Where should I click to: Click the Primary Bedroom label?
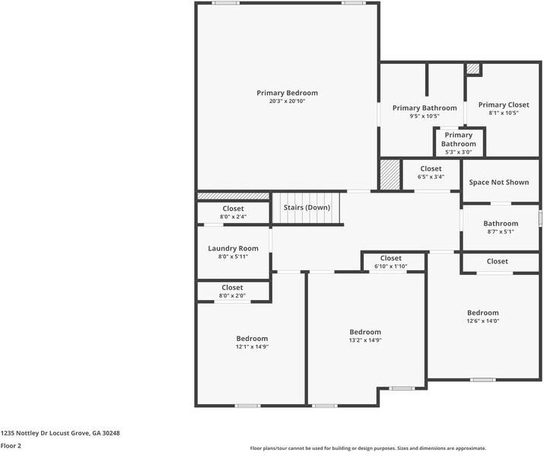click(287, 93)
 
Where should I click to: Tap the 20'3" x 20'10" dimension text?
click(287, 101)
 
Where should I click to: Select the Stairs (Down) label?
click(307, 208)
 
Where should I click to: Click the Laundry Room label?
click(233, 248)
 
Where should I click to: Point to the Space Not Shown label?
click(499, 182)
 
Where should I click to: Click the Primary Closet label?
click(504, 105)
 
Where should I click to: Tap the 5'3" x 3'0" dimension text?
click(459, 152)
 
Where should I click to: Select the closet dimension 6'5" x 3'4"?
click(431, 177)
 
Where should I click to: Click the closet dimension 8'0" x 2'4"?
click(233, 216)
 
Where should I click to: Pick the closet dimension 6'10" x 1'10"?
click(390, 266)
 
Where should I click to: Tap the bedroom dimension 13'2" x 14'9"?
click(365, 340)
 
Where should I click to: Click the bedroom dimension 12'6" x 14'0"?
click(483, 321)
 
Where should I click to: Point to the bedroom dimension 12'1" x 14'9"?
click(253, 346)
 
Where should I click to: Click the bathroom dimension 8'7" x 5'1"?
click(501, 232)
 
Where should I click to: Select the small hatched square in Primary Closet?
click(472, 69)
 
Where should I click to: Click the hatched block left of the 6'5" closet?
click(390, 174)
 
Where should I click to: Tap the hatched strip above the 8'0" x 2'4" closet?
click(233, 196)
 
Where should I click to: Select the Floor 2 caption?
click(11, 445)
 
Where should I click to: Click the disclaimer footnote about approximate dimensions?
click(368, 448)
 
